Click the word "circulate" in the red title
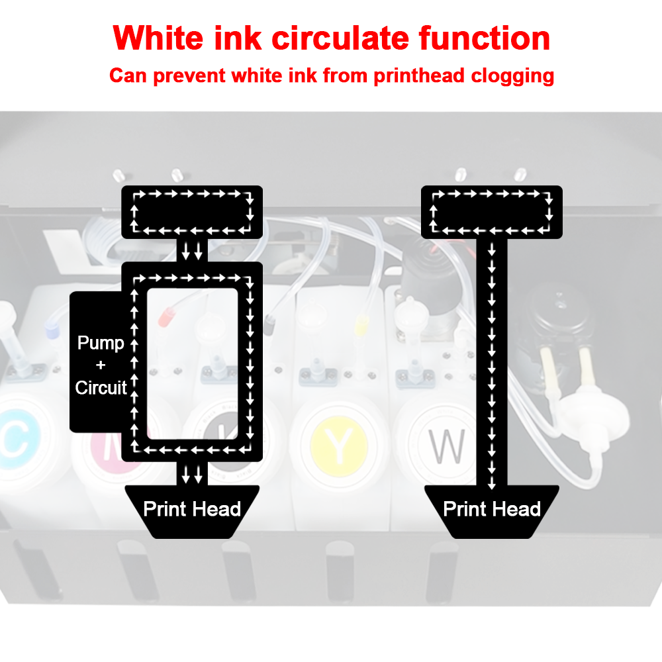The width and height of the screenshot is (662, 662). (340, 38)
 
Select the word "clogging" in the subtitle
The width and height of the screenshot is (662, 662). (512, 76)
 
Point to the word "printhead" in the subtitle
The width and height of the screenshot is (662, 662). (419, 76)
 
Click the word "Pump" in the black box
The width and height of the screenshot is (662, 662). (101, 343)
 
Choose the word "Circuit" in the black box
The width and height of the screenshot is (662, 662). (101, 387)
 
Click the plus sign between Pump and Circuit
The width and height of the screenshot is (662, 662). (101, 365)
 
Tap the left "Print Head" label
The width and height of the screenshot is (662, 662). (192, 508)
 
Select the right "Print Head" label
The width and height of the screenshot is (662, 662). (492, 508)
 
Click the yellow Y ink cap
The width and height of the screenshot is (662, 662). (339, 446)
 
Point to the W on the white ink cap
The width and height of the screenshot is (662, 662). (447, 446)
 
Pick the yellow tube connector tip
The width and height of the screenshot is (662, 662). (361, 326)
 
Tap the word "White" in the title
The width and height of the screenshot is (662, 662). (158, 38)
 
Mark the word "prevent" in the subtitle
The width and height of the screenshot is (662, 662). (189, 76)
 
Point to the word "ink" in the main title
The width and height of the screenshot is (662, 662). (238, 38)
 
